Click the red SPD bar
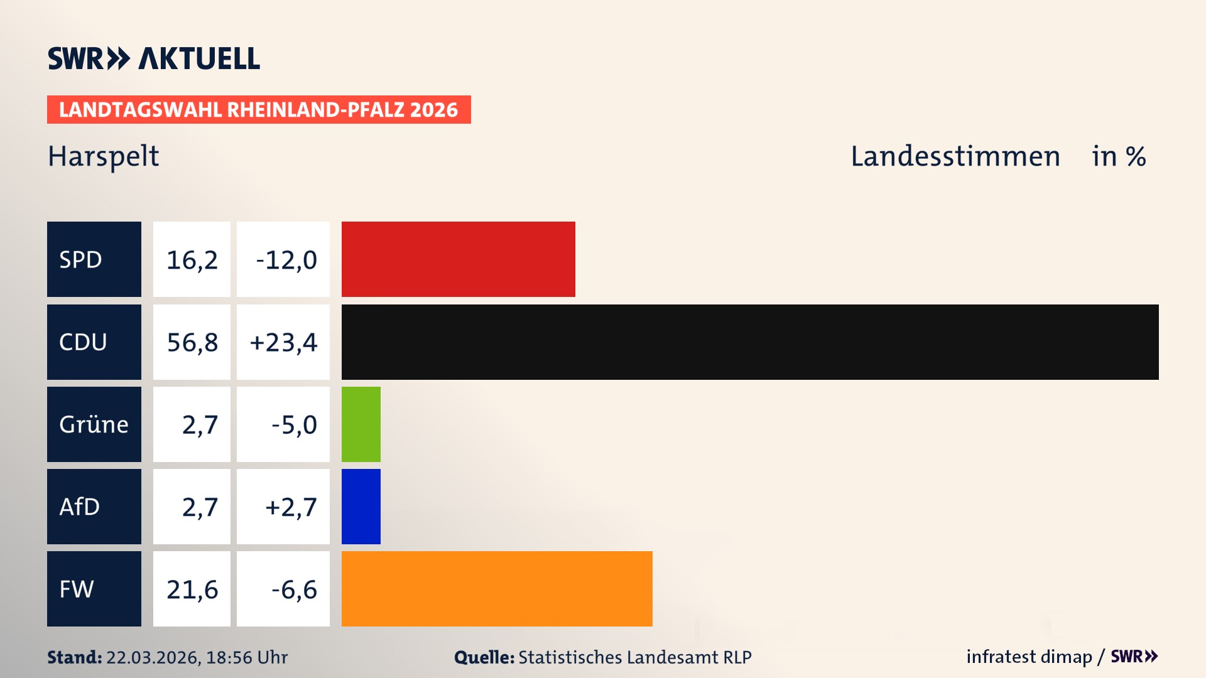point(458,259)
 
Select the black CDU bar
point(749,342)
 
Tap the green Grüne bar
point(361,424)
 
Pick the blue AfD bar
point(361,507)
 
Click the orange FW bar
point(497,589)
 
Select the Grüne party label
point(94,424)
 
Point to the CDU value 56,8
point(192,342)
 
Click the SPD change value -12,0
point(286,259)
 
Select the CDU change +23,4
point(283,342)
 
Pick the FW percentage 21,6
point(192,589)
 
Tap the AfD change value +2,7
point(291,507)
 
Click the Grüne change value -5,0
point(294,424)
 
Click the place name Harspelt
point(104,156)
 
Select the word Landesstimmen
point(955,156)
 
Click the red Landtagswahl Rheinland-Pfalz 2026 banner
point(259,110)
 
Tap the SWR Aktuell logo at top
point(154,58)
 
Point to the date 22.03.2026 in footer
point(153,657)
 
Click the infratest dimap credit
point(1029,657)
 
